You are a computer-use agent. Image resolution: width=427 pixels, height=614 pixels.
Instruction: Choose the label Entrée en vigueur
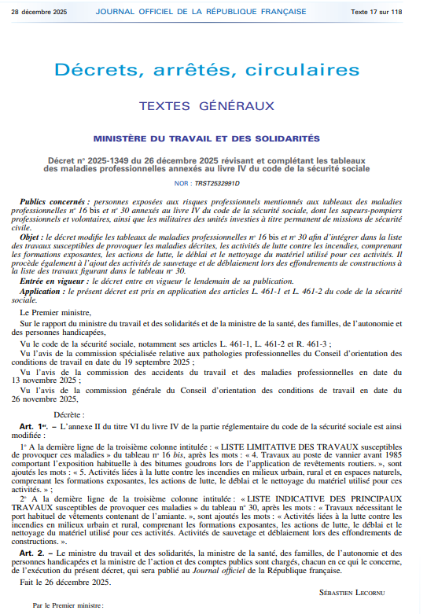(54, 281)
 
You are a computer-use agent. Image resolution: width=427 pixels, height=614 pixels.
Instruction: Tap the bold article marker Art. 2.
(31, 554)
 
